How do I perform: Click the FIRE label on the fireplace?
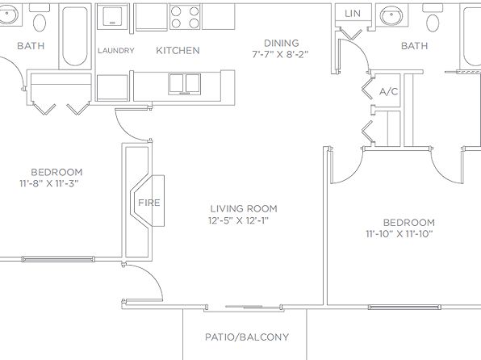tap(149, 203)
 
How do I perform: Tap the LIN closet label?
tap(353, 14)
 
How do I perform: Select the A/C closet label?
tap(389, 91)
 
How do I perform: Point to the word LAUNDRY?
tap(116, 50)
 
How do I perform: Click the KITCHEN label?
tap(178, 50)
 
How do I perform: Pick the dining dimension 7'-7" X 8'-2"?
tap(280, 55)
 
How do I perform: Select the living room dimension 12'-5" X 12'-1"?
tap(238, 220)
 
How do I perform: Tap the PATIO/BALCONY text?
tap(247, 337)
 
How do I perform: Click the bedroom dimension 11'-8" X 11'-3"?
tap(49, 183)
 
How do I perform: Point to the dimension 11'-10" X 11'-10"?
tap(399, 234)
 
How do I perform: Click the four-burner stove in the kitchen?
tap(185, 17)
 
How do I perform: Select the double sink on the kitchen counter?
tap(185, 84)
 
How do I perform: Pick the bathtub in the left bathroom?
tap(75, 36)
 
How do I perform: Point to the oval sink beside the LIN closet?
tap(391, 15)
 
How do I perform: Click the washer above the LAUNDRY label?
tap(112, 16)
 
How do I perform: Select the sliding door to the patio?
tap(244, 307)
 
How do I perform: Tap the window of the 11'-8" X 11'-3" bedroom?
tap(58, 259)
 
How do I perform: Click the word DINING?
tap(282, 43)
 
